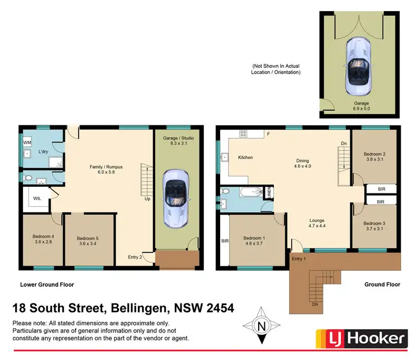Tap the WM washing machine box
27,143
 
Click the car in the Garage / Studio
174,198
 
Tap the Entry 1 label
299,258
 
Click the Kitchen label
245,158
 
